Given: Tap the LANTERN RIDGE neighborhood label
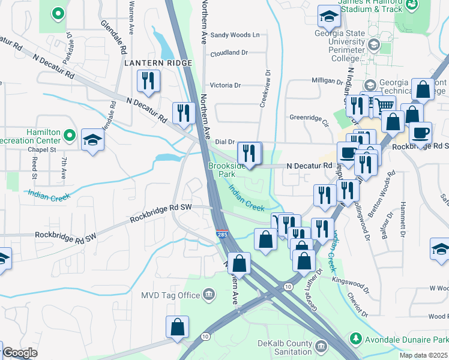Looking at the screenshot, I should [158, 62].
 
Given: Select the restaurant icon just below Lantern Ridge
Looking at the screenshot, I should [147, 80].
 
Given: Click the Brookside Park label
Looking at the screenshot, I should [226, 169].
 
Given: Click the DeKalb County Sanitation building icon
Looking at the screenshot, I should [321, 346].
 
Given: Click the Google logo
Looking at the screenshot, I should [20, 353].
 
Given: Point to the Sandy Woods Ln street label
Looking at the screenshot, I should [235, 35].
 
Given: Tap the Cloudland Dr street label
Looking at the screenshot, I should [229, 53].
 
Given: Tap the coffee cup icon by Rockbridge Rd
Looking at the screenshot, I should [420, 131].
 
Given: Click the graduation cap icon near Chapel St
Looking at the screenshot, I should [93, 140].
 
